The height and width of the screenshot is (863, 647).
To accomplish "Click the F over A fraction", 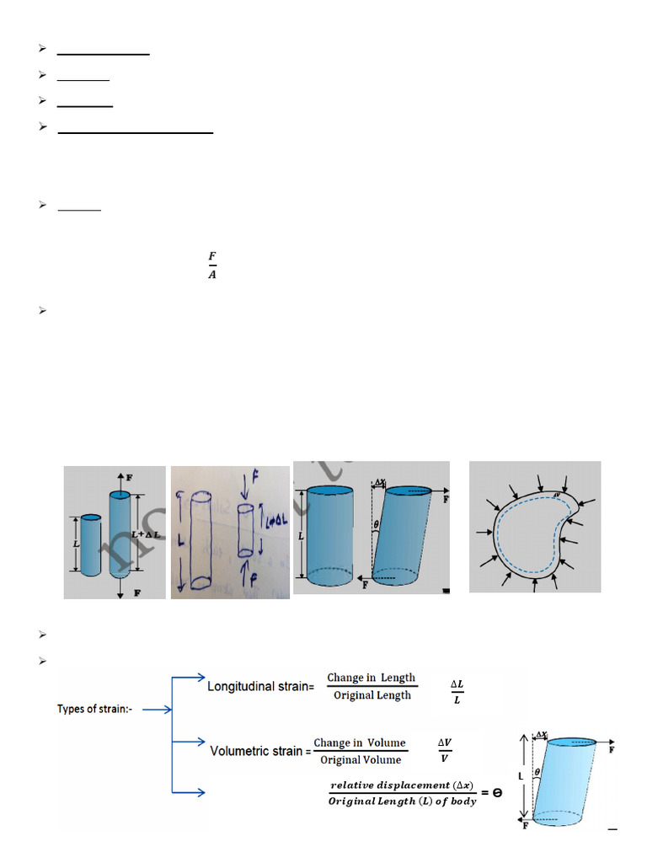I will [x=211, y=265].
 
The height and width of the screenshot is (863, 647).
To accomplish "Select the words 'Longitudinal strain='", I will [x=260, y=686].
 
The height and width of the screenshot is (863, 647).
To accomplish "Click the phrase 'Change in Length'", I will [x=372, y=678].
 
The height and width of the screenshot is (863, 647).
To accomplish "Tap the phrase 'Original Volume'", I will [x=361, y=759].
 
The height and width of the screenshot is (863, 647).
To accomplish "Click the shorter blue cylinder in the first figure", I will [x=90, y=544].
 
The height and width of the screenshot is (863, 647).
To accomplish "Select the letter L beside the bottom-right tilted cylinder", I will [x=521, y=773].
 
